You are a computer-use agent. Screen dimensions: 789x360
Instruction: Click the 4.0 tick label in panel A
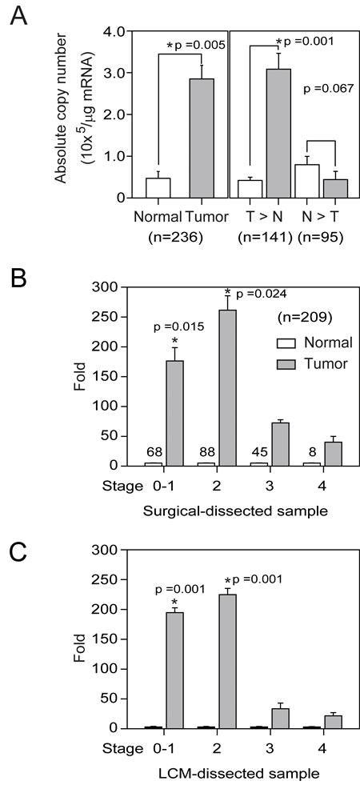(x=119, y=32)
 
